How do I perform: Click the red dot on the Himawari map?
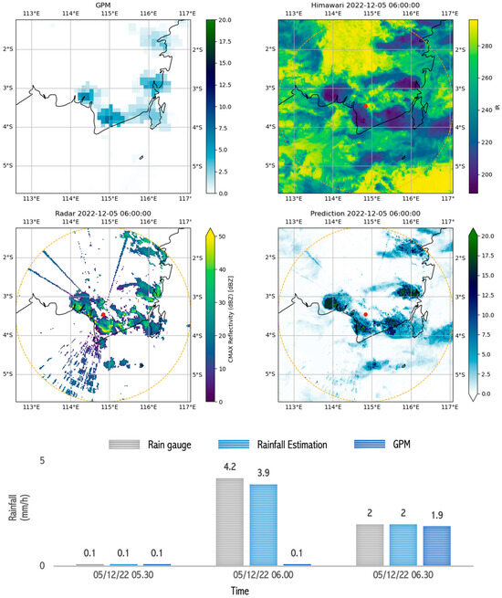tap(366, 106)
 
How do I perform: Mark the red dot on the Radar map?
tap(105, 314)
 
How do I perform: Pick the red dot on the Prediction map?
tap(366, 314)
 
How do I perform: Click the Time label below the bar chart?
tap(239, 591)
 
